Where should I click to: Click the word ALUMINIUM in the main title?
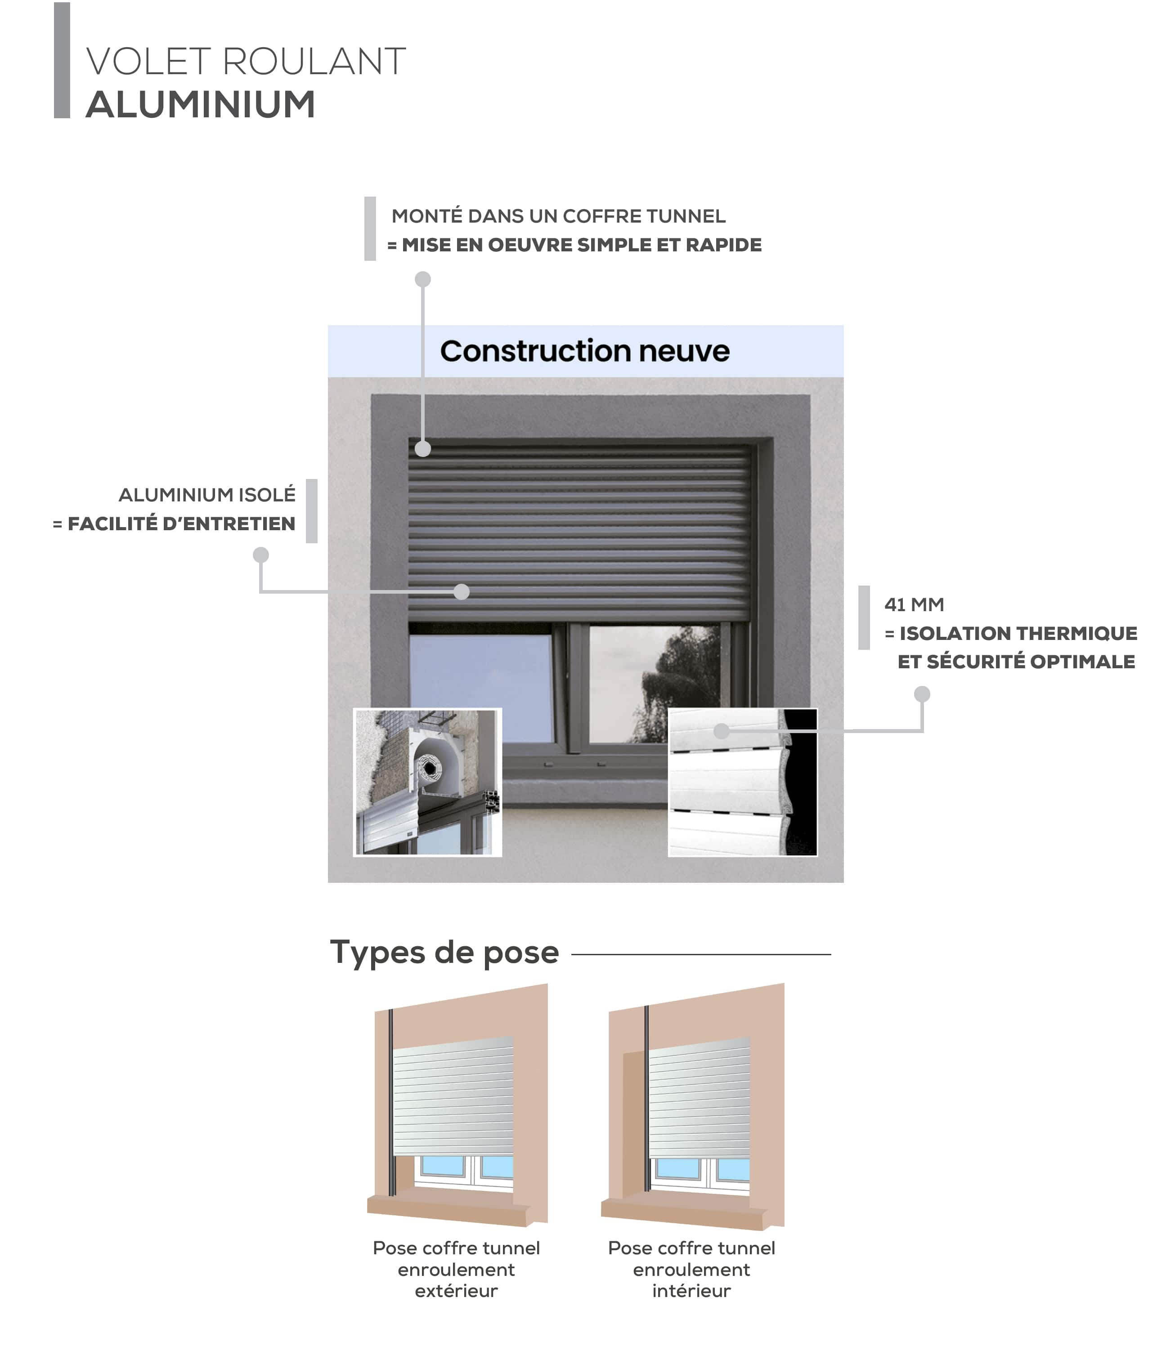(x=201, y=104)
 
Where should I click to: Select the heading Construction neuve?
(x=585, y=351)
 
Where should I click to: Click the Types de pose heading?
(x=444, y=953)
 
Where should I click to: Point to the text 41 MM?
(x=914, y=604)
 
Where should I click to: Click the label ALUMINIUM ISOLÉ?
(x=207, y=495)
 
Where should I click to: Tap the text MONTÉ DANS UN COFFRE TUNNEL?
(x=559, y=216)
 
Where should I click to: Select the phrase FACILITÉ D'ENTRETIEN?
(x=182, y=524)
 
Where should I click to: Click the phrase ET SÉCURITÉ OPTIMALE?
(x=1016, y=662)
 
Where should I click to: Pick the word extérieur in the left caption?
(x=456, y=1291)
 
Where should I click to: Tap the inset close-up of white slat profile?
(x=743, y=782)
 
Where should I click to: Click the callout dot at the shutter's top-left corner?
(x=423, y=449)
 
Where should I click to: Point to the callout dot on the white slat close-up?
(x=721, y=730)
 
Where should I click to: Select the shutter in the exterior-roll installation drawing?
(x=453, y=1096)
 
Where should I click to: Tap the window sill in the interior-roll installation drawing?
(x=683, y=1212)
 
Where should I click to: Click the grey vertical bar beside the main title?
(x=62, y=60)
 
